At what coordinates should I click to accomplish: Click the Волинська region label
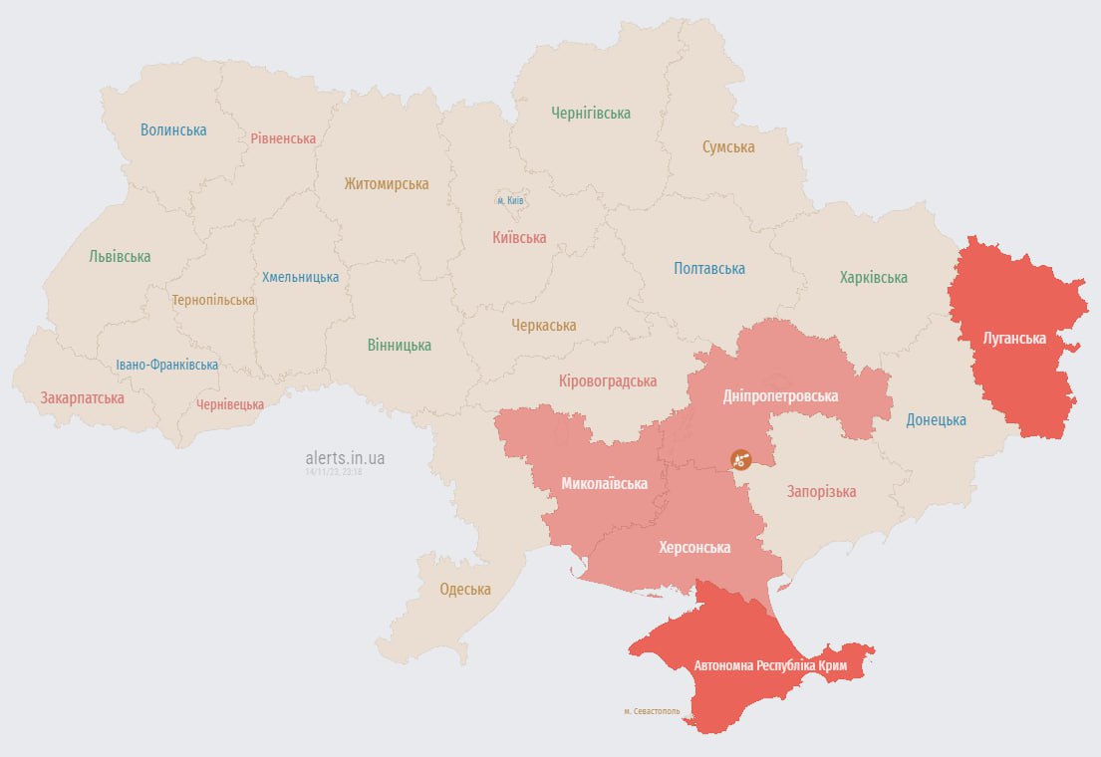(173, 130)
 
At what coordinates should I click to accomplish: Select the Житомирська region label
(387, 184)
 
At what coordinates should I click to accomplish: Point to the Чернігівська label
(591, 114)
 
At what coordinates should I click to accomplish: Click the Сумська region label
(728, 147)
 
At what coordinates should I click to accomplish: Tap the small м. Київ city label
(510, 201)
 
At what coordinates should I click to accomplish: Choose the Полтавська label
(709, 269)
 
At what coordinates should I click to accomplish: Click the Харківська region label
(874, 278)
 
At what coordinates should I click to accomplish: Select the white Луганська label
(1014, 339)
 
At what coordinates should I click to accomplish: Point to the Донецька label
(936, 420)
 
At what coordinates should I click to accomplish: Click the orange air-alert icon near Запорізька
(741, 459)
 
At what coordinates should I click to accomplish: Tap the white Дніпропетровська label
(780, 396)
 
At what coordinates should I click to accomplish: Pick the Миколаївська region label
(604, 484)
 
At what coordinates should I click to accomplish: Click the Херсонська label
(694, 548)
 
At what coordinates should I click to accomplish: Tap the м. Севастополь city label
(652, 711)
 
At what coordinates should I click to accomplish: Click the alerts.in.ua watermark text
(345, 458)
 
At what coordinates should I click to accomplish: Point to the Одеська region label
(465, 590)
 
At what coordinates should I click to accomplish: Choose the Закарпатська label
(83, 398)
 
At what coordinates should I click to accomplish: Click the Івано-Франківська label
(166, 366)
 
